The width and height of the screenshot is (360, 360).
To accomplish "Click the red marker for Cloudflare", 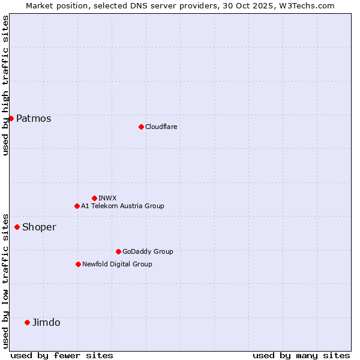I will (x=141, y=127).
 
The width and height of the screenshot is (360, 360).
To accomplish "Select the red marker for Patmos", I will (x=11, y=118).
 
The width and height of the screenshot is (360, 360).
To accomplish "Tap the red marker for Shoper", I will (x=17, y=227).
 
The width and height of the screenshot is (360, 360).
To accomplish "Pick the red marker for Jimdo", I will (x=27, y=322).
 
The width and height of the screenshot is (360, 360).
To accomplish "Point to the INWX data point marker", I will (x=94, y=198).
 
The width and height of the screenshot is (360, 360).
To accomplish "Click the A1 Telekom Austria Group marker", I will (x=77, y=206).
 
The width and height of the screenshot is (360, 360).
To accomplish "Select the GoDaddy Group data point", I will (x=118, y=251).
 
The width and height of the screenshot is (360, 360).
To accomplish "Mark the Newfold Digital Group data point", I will (x=78, y=264).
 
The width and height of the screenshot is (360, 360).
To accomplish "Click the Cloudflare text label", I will (x=161, y=127).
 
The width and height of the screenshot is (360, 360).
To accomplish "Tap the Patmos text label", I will (x=34, y=118).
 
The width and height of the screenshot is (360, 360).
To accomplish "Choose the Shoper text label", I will (x=39, y=227).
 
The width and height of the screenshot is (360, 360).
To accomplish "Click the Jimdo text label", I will (x=46, y=322).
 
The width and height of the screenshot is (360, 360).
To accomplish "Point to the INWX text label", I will (x=107, y=198).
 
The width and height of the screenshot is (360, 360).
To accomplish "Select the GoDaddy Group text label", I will (x=148, y=251).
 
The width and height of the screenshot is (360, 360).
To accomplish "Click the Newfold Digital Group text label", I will (x=117, y=264).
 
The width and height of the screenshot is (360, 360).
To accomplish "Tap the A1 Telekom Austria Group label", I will (x=122, y=206).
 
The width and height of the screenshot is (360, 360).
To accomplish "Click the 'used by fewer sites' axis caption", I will (x=62, y=355).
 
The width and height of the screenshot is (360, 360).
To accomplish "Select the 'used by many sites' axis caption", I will (x=301, y=355).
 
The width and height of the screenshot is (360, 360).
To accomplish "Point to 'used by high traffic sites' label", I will (x=5, y=85).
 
